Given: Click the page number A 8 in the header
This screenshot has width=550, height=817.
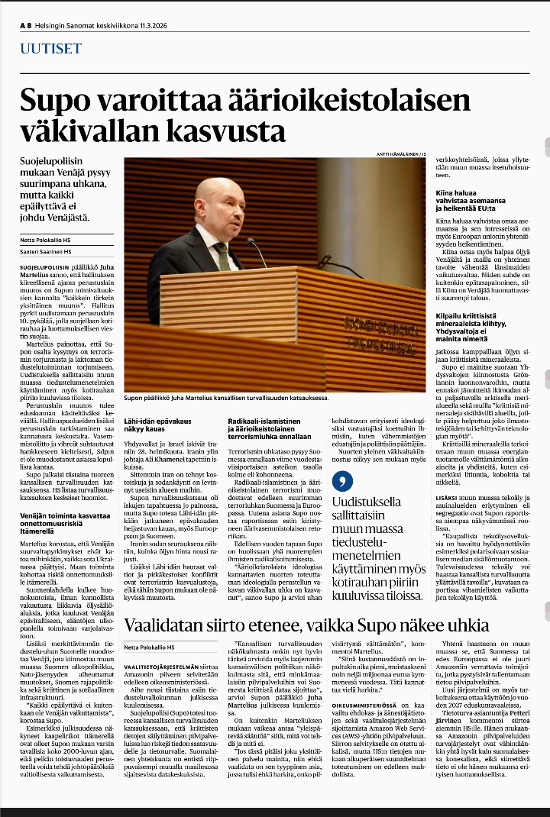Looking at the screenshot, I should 24,24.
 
